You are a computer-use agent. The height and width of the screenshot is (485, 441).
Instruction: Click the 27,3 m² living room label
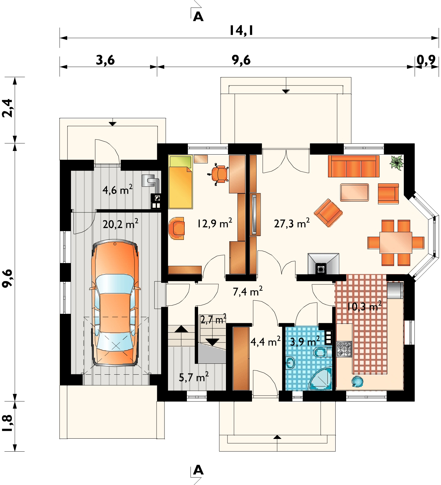(x=292, y=224)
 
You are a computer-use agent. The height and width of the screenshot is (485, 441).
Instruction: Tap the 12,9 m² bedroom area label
(x=215, y=224)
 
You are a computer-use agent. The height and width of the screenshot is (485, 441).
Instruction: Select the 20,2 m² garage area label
(x=121, y=224)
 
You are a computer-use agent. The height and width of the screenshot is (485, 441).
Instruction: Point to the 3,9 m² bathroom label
(x=305, y=342)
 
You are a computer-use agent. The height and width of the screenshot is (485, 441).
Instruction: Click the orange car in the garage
(x=115, y=303)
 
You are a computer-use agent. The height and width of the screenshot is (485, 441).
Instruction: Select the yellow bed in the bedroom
(x=181, y=182)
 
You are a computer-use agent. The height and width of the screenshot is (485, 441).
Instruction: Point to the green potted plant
(x=397, y=162)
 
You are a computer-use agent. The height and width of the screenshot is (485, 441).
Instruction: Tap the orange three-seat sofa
(x=353, y=166)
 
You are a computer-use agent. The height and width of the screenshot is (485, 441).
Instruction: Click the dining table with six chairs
(x=396, y=242)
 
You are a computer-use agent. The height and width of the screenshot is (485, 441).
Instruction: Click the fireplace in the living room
(x=323, y=264)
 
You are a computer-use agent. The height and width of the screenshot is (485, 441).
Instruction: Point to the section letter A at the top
(x=198, y=17)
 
